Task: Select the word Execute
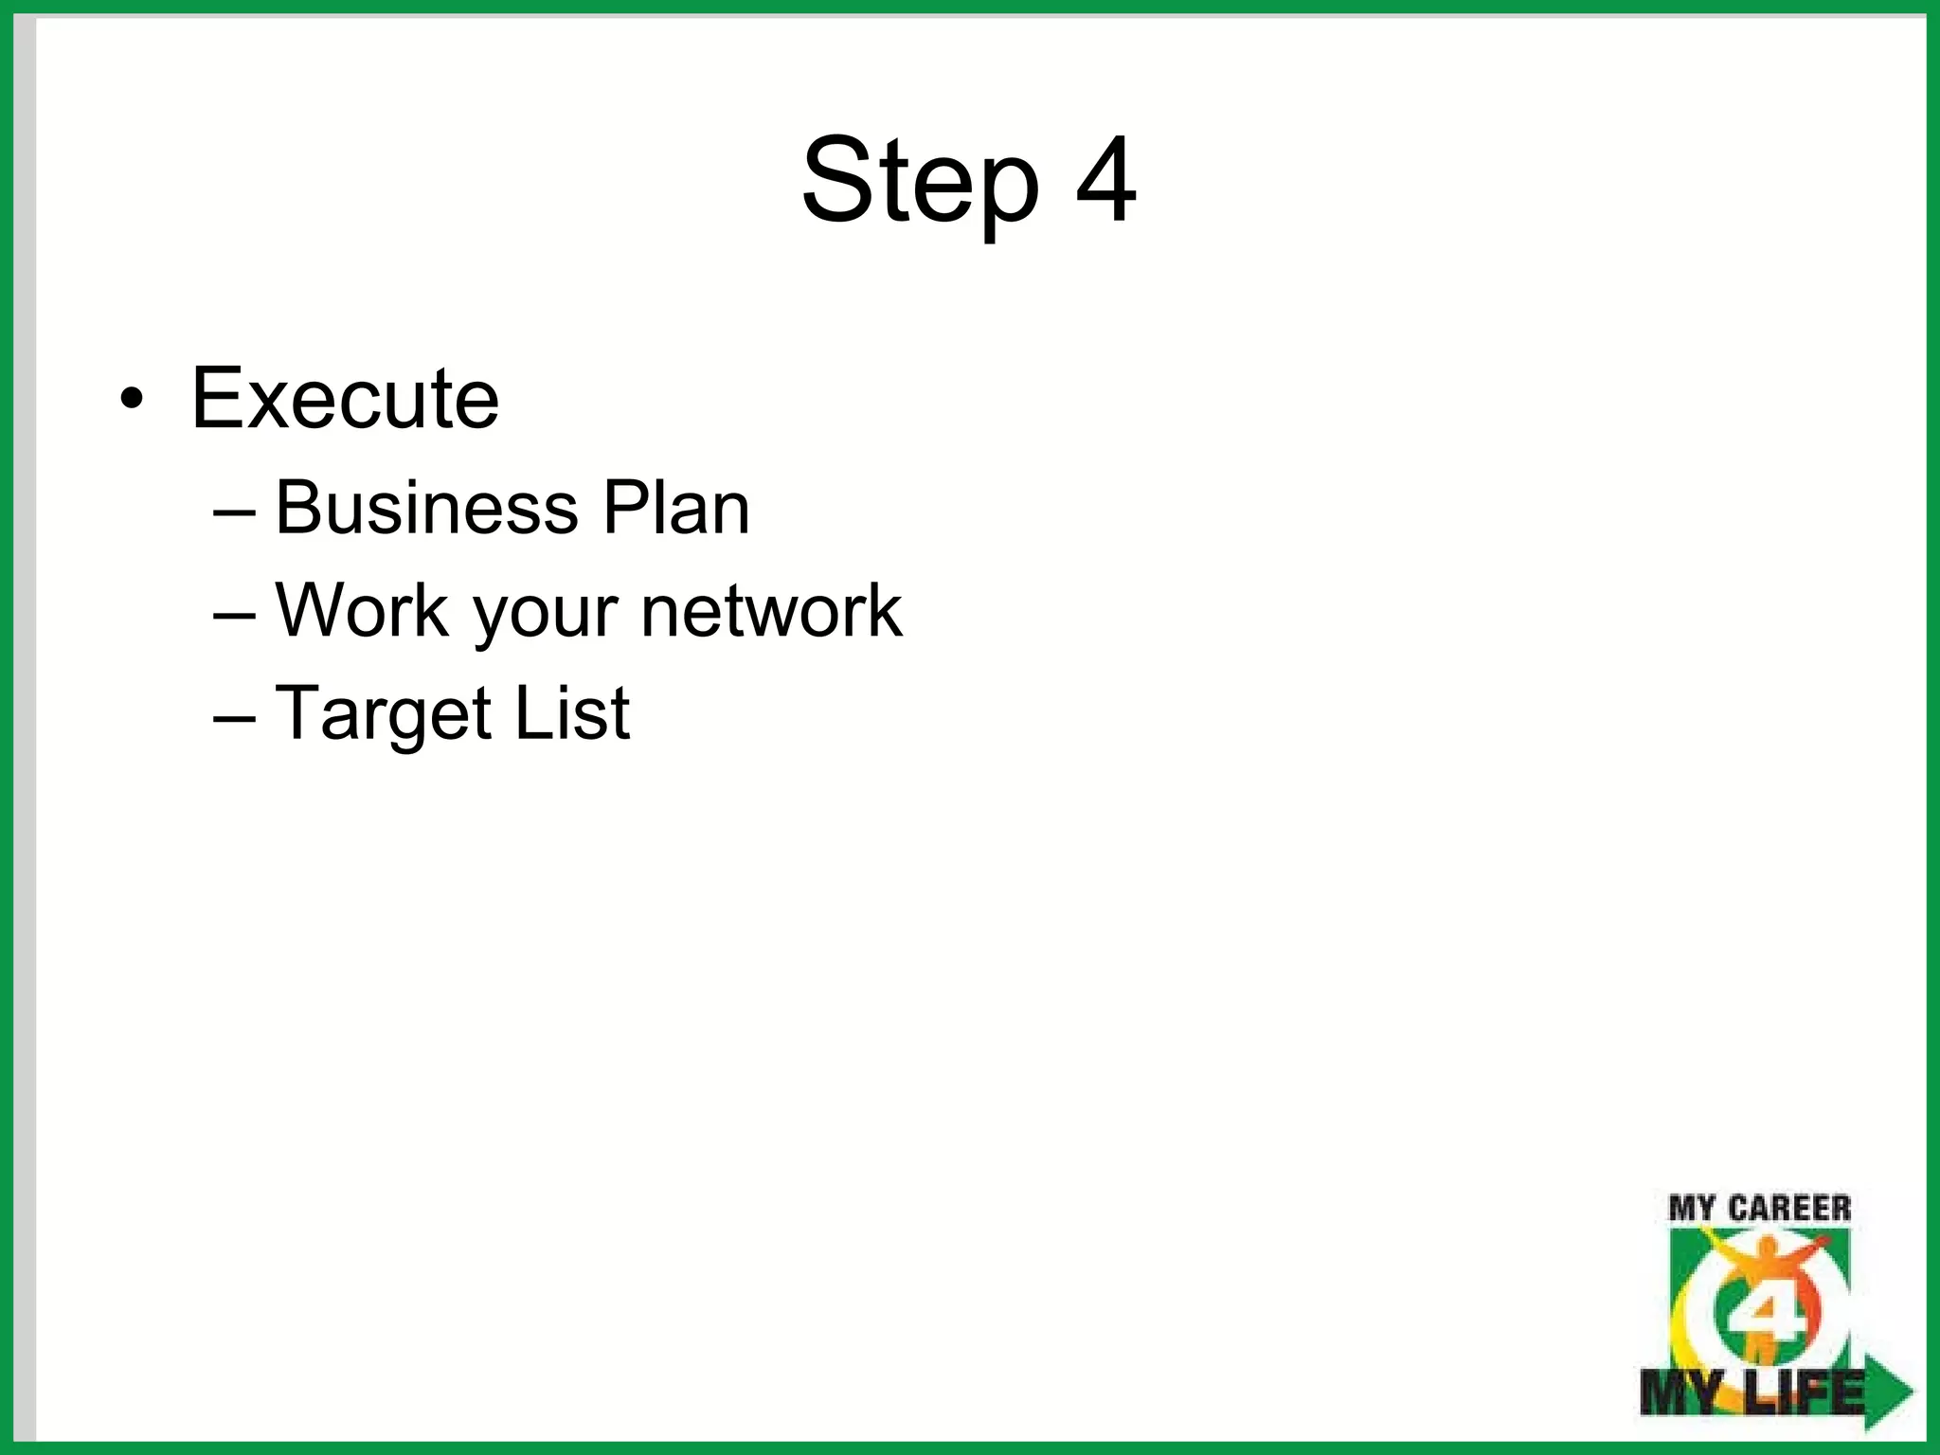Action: pyautogui.click(x=345, y=398)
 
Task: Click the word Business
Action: pyautogui.click(x=426, y=508)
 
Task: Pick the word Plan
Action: pyautogui.click(x=676, y=508)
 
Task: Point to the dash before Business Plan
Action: pyautogui.click(x=234, y=512)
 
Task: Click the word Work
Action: pyautogui.click(x=363, y=610)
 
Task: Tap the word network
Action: pyautogui.click(x=771, y=610)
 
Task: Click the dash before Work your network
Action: pyautogui.click(x=234, y=615)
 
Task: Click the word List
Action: pyautogui.click(x=572, y=712)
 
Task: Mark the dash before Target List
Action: pyautogui.click(x=234, y=717)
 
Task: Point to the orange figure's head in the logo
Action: pyautogui.click(x=1761, y=1254)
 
